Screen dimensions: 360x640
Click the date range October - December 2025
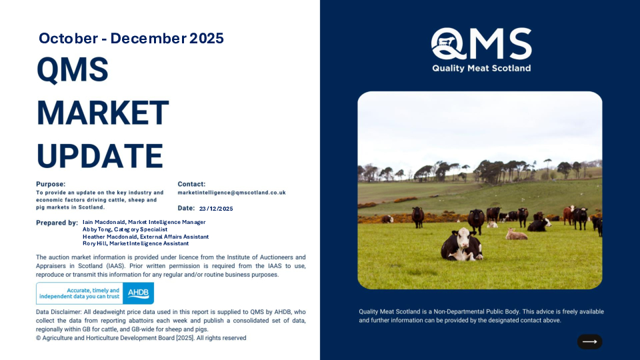click(x=131, y=38)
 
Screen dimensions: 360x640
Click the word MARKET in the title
click(x=103, y=112)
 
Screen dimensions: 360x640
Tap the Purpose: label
click(x=51, y=184)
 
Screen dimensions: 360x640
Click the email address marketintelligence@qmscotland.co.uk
click(x=231, y=192)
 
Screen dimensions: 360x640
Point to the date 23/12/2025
click(x=216, y=209)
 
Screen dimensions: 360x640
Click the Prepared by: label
click(x=57, y=223)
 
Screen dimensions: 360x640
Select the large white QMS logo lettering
click(x=481, y=45)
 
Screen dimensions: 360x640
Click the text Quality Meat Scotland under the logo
click(x=481, y=68)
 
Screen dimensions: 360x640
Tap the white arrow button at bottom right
click(x=589, y=341)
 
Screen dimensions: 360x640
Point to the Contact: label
click(x=191, y=184)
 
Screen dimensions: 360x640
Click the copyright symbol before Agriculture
click(x=39, y=338)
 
